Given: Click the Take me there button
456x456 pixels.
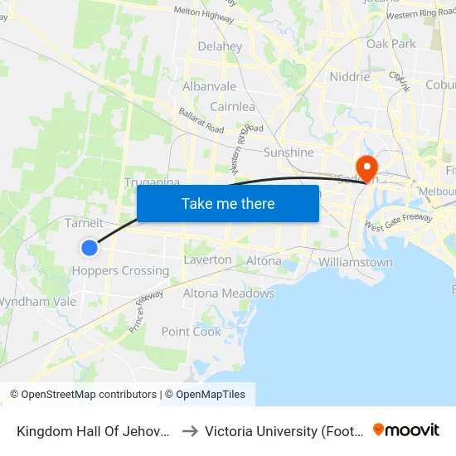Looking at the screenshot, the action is pyautogui.click(x=228, y=203).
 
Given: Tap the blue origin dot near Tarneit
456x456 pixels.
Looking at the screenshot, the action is pyautogui.click(x=90, y=247).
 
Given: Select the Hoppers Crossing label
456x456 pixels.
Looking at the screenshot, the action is pyautogui.click(x=120, y=271).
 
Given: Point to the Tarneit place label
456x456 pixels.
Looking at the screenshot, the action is pyautogui.click(x=84, y=223).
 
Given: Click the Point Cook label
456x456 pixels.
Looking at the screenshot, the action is pyautogui.click(x=192, y=332).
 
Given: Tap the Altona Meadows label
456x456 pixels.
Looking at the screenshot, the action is pyautogui.click(x=228, y=293).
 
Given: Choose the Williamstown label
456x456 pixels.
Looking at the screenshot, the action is pyautogui.click(x=356, y=263).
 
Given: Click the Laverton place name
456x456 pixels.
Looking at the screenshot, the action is pyautogui.click(x=207, y=260).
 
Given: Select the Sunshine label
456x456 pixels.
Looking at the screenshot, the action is pyautogui.click(x=289, y=153).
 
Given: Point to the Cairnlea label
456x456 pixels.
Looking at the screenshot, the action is pyautogui.click(x=232, y=107).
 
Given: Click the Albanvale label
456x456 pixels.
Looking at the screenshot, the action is pyautogui.click(x=210, y=86).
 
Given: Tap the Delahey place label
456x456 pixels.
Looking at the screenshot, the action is pyautogui.click(x=220, y=46).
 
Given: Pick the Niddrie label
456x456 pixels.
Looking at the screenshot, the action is pyautogui.click(x=350, y=76).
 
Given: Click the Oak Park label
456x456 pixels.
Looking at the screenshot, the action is pyautogui.click(x=391, y=43).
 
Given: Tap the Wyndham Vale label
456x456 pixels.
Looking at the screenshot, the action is pyautogui.click(x=37, y=302).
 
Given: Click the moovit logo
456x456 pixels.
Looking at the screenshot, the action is pyautogui.click(x=406, y=429).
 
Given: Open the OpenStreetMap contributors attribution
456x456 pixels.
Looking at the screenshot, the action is pyautogui.click(x=83, y=395).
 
